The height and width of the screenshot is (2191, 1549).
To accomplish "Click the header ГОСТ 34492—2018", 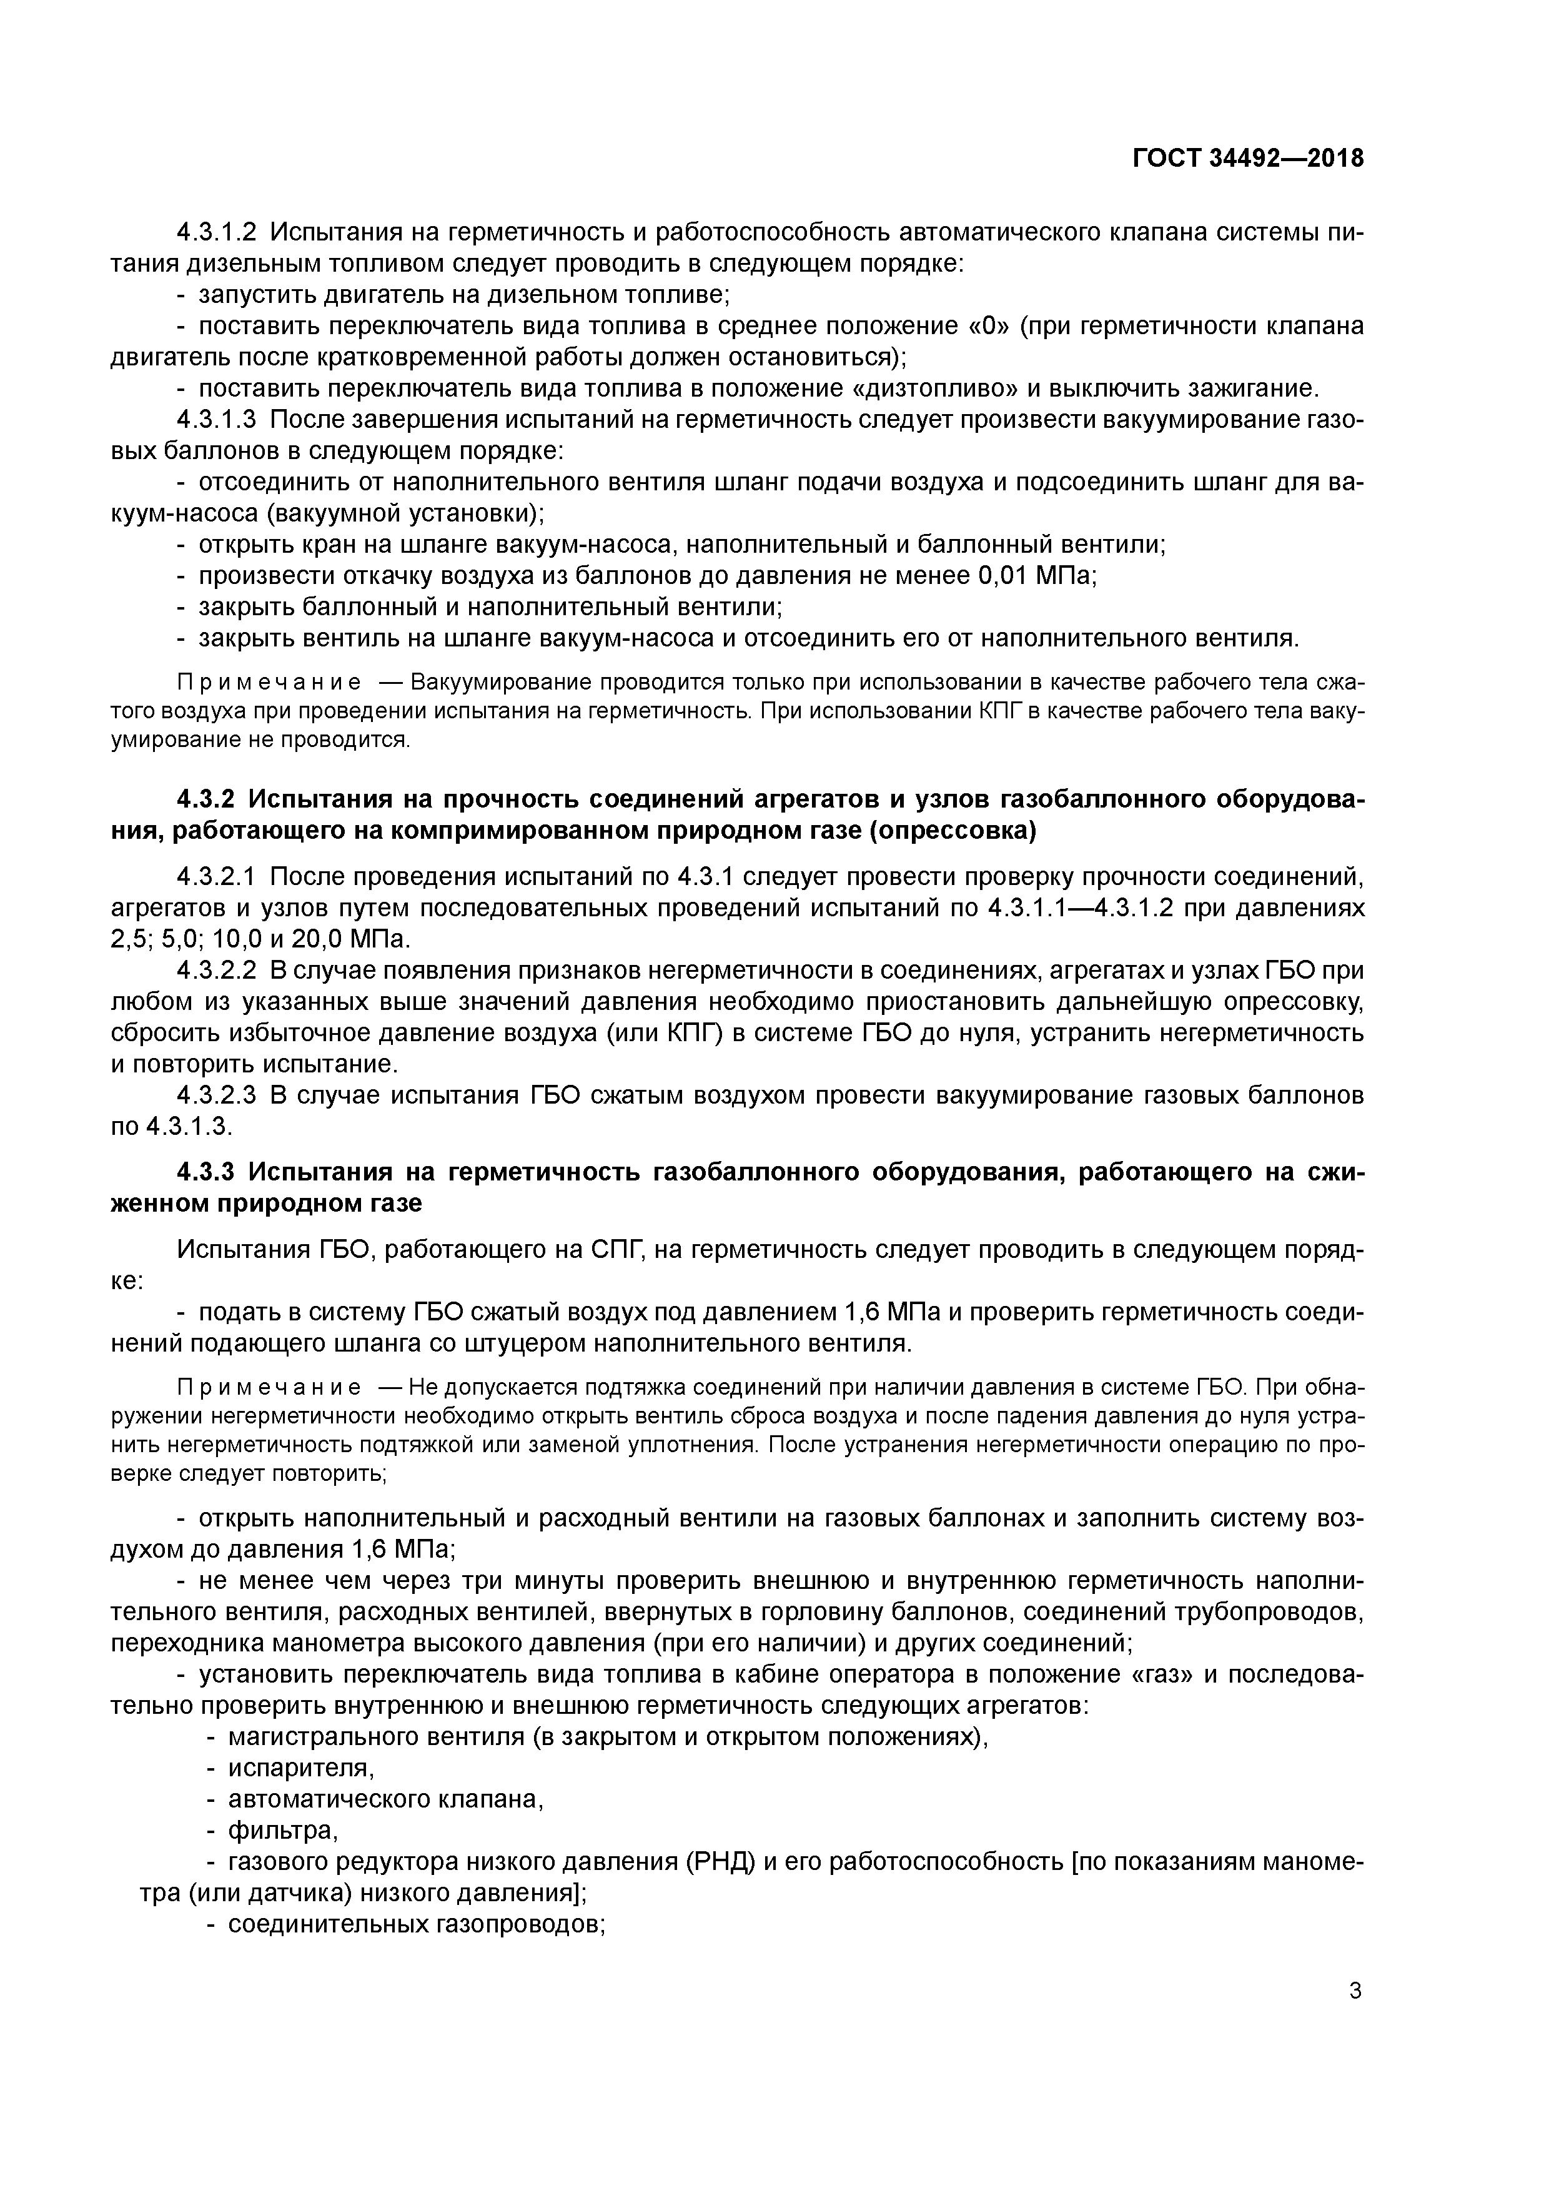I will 1247,159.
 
